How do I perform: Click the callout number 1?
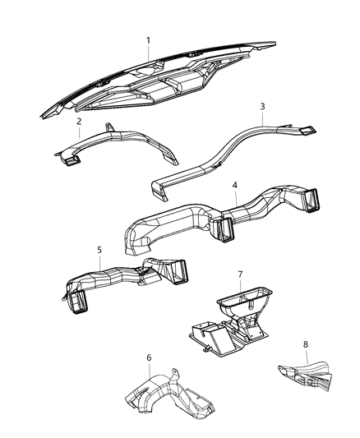(x=148, y=40)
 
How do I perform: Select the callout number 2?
(x=78, y=122)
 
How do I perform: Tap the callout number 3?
(x=262, y=106)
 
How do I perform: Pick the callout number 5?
(x=99, y=251)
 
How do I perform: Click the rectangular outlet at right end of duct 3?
(x=307, y=130)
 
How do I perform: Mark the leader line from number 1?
(x=149, y=53)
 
